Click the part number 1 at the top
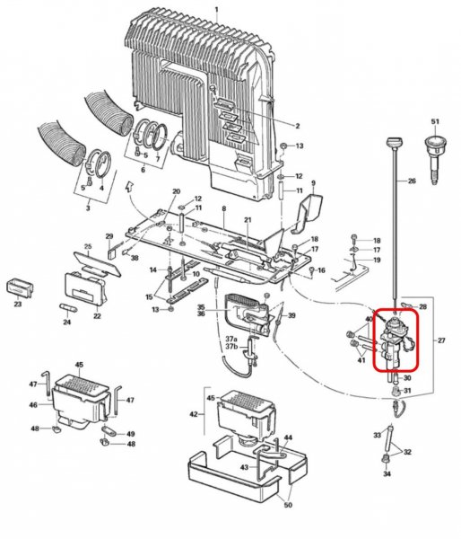pyautogui.click(x=216, y=9)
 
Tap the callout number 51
pyautogui.click(x=435, y=121)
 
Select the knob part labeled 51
pyautogui.click(x=435, y=158)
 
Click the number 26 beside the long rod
pyautogui.click(x=412, y=181)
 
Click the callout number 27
pyautogui.click(x=441, y=340)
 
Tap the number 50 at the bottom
pyautogui.click(x=288, y=505)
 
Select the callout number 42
pyautogui.click(x=193, y=414)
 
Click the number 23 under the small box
pyautogui.click(x=18, y=304)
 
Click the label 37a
pyautogui.click(x=231, y=339)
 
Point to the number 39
pyautogui.click(x=291, y=315)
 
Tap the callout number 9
pyautogui.click(x=313, y=183)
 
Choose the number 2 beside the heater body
pyautogui.click(x=297, y=126)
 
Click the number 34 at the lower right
pyautogui.click(x=387, y=474)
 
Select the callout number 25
pyautogui.click(x=88, y=246)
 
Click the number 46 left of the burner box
pyautogui.click(x=33, y=405)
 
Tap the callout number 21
pyautogui.click(x=248, y=220)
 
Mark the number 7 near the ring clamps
pyautogui.click(x=158, y=159)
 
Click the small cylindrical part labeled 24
pyautogui.click(x=69, y=308)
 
